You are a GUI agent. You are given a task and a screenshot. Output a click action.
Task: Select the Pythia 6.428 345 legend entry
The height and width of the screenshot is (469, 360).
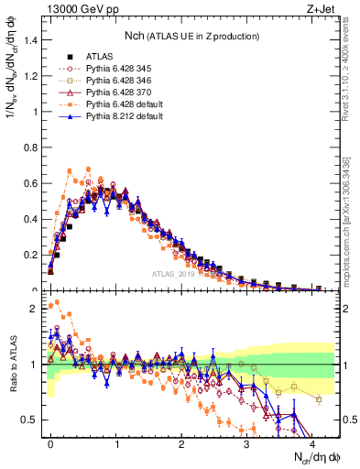click(x=113, y=70)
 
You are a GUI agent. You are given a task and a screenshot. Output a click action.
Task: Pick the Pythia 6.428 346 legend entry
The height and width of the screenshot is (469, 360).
click(x=113, y=82)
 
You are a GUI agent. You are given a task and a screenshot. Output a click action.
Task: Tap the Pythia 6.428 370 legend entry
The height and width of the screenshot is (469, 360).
click(x=113, y=93)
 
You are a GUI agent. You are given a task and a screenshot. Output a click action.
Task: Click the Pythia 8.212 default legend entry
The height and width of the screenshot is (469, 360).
click(x=117, y=117)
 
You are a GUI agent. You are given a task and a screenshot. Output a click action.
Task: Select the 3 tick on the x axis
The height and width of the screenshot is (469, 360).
click(x=246, y=443)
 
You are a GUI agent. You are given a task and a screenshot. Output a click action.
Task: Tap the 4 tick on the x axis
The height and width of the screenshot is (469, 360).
click(x=311, y=443)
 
